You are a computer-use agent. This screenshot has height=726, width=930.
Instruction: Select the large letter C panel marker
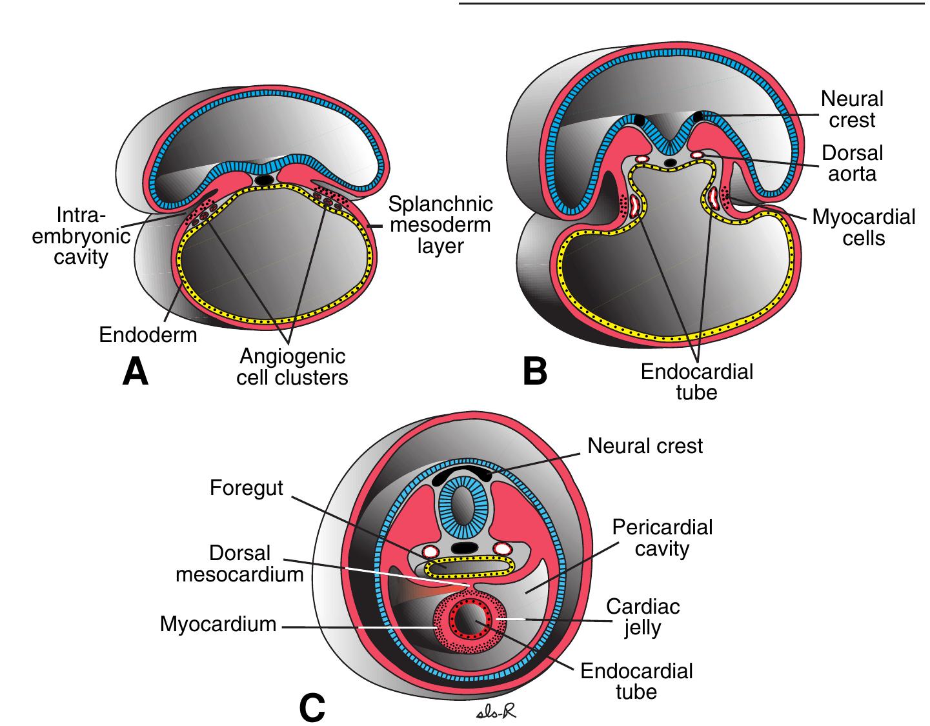pyautogui.click(x=312, y=707)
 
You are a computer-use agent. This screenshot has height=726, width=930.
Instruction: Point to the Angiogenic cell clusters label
pyautogui.click(x=292, y=367)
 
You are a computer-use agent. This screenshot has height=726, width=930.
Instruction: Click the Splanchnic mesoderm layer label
pyautogui.click(x=440, y=225)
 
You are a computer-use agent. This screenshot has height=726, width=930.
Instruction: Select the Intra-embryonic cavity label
pyautogui.click(x=81, y=236)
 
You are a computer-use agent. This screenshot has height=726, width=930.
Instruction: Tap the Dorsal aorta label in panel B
pyautogui.click(x=852, y=163)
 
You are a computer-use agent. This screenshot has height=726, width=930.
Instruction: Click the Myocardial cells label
pyautogui.click(x=864, y=227)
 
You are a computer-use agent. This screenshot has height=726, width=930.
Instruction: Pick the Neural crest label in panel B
pyautogui.click(x=852, y=109)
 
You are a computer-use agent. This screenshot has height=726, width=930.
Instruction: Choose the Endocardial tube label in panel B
pyautogui.click(x=696, y=381)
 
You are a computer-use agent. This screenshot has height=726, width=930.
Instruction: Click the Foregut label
pyautogui.click(x=246, y=488)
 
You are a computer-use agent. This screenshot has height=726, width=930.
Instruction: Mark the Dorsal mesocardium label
pyautogui.click(x=239, y=563)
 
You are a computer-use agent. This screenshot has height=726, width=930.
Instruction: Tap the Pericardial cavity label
pyautogui.click(x=662, y=538)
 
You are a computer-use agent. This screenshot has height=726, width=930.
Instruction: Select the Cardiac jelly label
pyautogui.click(x=643, y=617)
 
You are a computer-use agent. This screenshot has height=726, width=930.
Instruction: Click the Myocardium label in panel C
pyautogui.click(x=218, y=624)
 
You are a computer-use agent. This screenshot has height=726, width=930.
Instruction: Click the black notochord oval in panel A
pyautogui.click(x=263, y=179)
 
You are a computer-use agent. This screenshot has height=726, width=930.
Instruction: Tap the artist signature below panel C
pyautogui.click(x=495, y=712)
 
